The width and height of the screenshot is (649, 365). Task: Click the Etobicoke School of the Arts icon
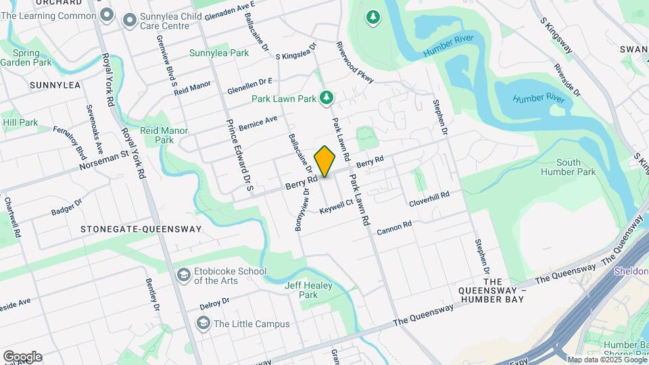click(183, 275)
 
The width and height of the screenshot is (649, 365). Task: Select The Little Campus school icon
click(203, 324)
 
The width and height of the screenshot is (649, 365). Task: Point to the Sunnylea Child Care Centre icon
click(129, 20)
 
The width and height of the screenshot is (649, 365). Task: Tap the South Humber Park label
click(577, 167)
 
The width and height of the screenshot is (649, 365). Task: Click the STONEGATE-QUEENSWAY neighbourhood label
click(141, 229)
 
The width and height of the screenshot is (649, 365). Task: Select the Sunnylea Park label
click(219, 53)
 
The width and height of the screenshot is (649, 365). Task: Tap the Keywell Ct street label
click(337, 208)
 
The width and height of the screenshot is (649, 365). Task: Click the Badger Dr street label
click(66, 208)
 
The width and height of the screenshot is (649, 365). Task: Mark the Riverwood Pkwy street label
click(355, 64)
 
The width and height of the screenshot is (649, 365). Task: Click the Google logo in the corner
click(22, 356)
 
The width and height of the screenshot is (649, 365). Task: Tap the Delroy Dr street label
click(216, 303)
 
